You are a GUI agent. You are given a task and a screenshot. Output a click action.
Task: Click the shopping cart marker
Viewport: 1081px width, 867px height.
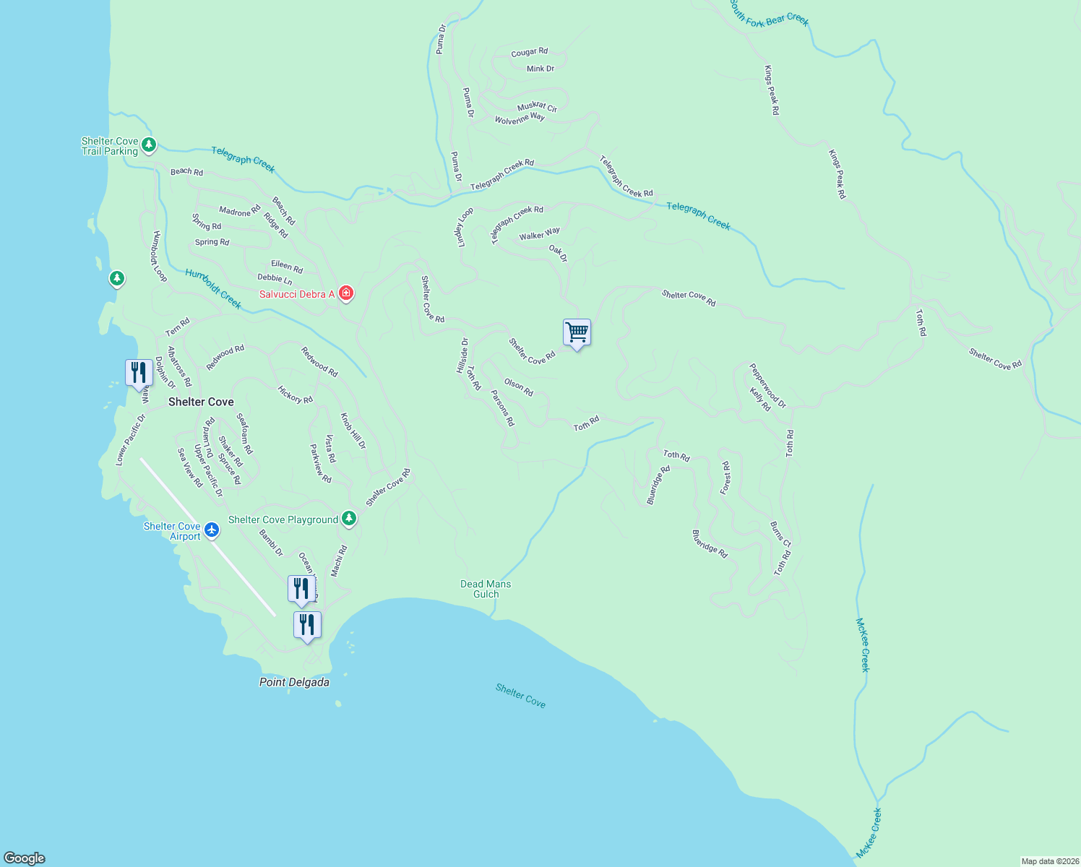[577, 332]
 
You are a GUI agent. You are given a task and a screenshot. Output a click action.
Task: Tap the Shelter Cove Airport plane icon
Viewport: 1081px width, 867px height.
[212, 530]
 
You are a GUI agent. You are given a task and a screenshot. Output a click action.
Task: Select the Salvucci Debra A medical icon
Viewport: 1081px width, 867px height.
[346, 293]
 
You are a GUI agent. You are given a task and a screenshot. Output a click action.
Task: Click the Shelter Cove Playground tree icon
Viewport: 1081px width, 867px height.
[349, 518]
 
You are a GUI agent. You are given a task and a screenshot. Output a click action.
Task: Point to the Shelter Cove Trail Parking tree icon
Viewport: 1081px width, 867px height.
[149, 145]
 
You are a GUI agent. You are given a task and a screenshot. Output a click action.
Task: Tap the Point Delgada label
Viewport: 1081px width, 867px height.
[294, 682]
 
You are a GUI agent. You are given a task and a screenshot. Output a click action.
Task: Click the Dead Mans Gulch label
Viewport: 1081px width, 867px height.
[486, 589]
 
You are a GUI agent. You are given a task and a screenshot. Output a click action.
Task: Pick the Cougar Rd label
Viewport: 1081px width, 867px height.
[530, 52]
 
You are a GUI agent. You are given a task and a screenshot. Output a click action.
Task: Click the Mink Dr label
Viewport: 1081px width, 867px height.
[540, 69]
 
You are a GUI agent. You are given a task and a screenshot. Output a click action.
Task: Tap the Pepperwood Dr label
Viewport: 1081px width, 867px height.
[767, 385]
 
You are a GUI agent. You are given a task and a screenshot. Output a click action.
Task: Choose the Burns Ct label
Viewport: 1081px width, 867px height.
[780, 534]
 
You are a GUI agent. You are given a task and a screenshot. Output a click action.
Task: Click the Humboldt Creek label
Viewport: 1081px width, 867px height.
[213, 288]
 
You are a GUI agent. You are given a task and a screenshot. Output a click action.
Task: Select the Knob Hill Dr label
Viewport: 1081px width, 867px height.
[353, 431]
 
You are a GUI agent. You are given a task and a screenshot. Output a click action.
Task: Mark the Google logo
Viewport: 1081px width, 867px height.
[25, 858]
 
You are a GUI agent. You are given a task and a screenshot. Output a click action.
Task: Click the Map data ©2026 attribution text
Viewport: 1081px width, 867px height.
[1049, 861]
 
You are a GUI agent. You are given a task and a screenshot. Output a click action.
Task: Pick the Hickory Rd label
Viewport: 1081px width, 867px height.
[296, 394]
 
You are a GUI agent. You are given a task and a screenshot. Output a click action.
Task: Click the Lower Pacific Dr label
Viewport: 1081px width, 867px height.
[131, 439]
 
